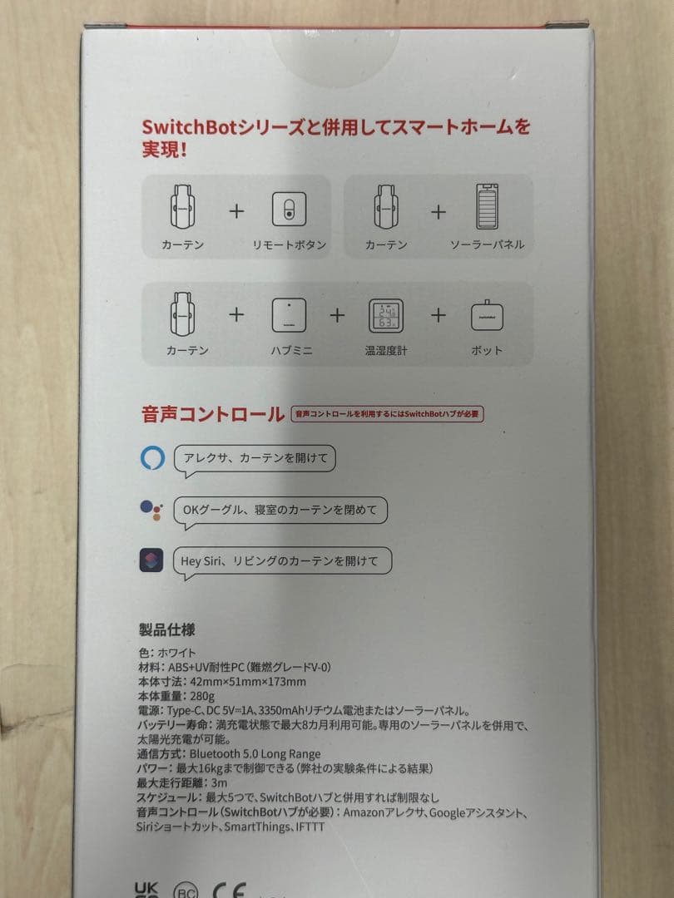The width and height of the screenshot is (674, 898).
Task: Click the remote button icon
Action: [289, 210]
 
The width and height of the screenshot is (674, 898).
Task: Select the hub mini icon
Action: [289, 316]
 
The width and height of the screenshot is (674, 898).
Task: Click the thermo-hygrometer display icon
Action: [386, 316]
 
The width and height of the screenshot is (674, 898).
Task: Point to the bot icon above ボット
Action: [488, 316]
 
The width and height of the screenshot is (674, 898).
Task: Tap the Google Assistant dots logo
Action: [151, 510]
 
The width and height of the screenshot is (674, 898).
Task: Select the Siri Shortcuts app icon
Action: [151, 560]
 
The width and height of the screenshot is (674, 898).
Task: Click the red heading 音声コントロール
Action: [213, 414]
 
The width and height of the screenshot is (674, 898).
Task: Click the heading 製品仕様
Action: [167, 629]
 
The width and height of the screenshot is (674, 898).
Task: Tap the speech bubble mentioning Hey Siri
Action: [280, 560]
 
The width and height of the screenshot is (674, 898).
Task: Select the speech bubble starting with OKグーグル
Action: [280, 510]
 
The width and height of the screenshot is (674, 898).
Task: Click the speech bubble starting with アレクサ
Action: [255, 459]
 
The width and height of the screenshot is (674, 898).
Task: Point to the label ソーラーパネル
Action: [487, 245]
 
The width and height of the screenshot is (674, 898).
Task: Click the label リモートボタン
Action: [289, 245]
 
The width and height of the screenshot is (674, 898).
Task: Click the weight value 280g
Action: [203, 696]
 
